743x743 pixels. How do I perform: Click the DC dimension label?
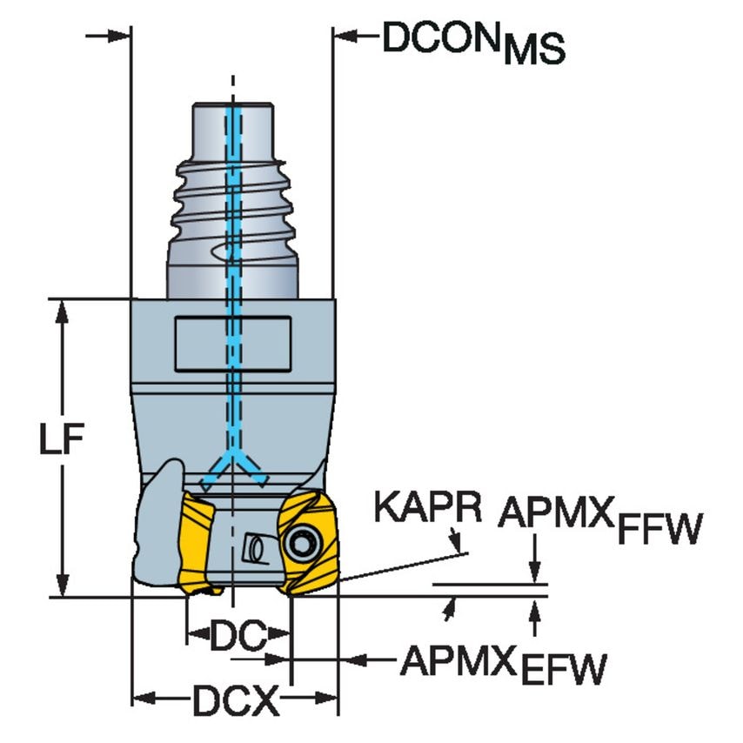click(x=238, y=639)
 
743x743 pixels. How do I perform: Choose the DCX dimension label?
click(x=234, y=699)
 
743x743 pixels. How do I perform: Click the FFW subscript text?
click(x=658, y=531)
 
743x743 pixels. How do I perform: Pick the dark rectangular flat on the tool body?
click(x=232, y=343)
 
